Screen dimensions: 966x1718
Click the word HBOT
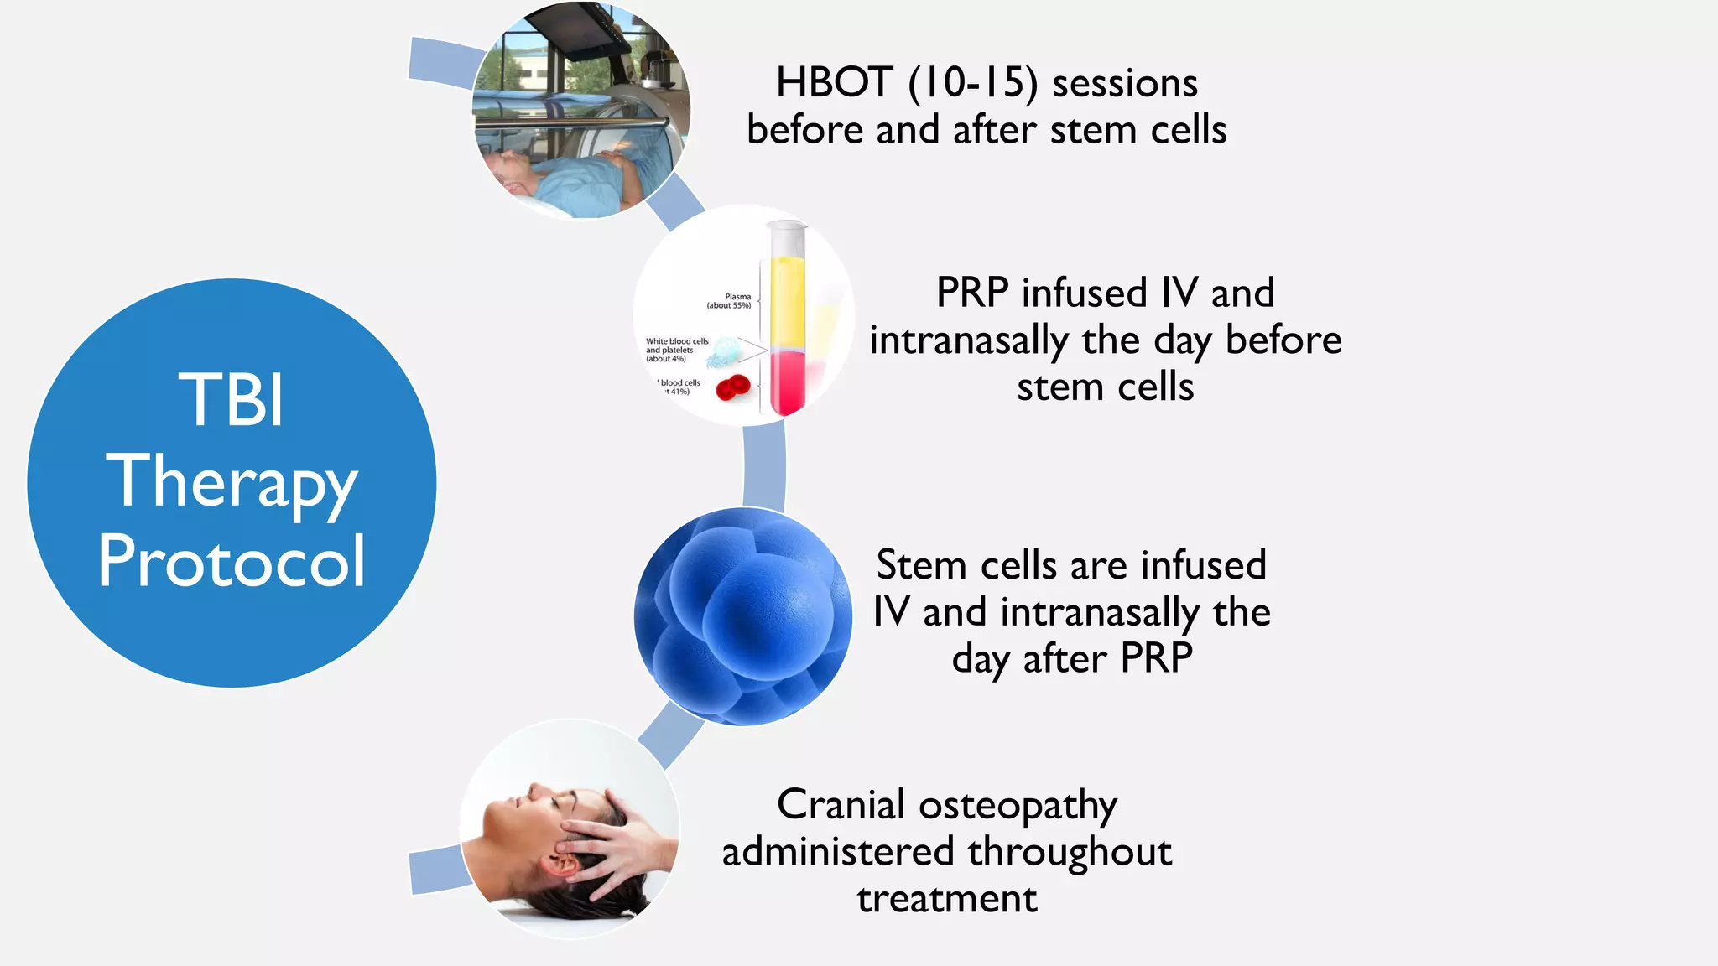(x=834, y=83)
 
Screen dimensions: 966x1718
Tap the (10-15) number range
(x=972, y=83)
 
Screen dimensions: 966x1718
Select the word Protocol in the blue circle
(x=232, y=561)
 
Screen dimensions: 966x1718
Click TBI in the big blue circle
(x=232, y=400)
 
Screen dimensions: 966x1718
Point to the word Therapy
(x=232, y=482)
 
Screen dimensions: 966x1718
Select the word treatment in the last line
(x=946, y=899)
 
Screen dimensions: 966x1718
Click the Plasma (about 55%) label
(x=730, y=301)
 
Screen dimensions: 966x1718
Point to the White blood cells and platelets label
(x=676, y=350)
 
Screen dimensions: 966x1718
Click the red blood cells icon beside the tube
(x=732, y=388)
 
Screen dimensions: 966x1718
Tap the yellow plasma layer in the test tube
(x=787, y=302)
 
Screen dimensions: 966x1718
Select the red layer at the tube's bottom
(x=787, y=382)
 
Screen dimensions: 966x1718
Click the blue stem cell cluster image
(x=742, y=616)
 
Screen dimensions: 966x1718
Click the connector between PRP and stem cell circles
(x=764, y=466)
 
